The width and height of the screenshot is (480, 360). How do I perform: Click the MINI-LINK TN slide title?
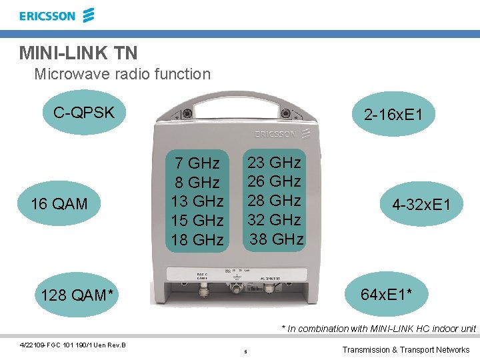pyautogui.click(x=79, y=52)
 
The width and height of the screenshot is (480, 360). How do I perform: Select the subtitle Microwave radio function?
pyautogui.click(x=122, y=74)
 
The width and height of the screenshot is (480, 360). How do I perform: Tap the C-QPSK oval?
pyautogui.click(x=84, y=112)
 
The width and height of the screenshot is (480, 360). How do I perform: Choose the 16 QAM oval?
pyautogui.click(x=59, y=204)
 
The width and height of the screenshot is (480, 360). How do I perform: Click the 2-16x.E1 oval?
pyautogui.click(x=393, y=115)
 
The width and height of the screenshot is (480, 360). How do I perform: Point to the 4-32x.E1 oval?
pyautogui.click(x=421, y=205)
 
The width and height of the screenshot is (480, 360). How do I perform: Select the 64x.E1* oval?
pyautogui.click(x=391, y=294)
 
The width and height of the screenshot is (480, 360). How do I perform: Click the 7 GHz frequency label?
pyautogui.click(x=197, y=163)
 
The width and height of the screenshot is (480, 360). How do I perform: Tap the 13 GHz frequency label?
pyautogui.click(x=197, y=201)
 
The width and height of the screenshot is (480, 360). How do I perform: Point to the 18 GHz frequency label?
pyautogui.click(x=197, y=239)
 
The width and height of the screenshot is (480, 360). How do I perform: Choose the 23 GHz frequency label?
pyautogui.click(x=275, y=162)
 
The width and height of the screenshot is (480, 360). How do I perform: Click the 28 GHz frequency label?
pyautogui.click(x=275, y=200)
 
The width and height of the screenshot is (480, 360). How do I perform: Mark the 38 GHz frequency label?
pyautogui.click(x=276, y=239)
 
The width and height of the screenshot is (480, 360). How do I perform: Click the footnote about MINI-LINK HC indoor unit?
pyautogui.click(x=378, y=328)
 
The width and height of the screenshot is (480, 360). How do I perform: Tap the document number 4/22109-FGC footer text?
pyautogui.click(x=73, y=344)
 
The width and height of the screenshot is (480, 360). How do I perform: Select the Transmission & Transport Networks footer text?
pyautogui.click(x=405, y=349)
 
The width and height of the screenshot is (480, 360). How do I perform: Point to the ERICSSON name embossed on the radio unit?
pyautogui.click(x=275, y=134)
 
